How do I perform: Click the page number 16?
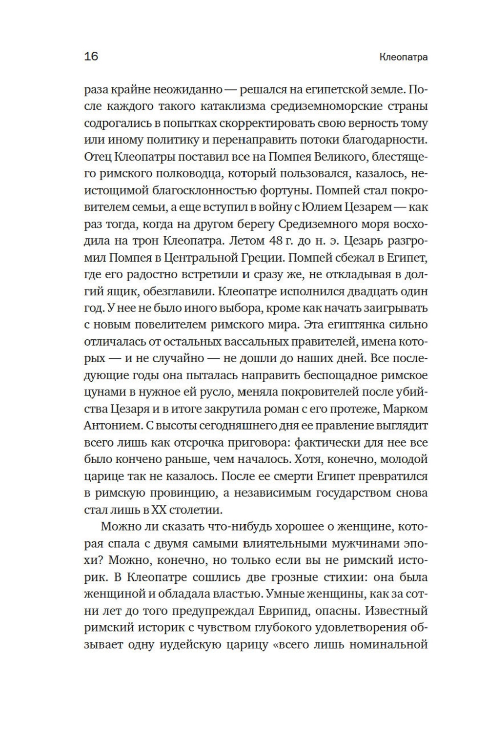[91, 56]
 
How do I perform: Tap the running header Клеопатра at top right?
[403, 57]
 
